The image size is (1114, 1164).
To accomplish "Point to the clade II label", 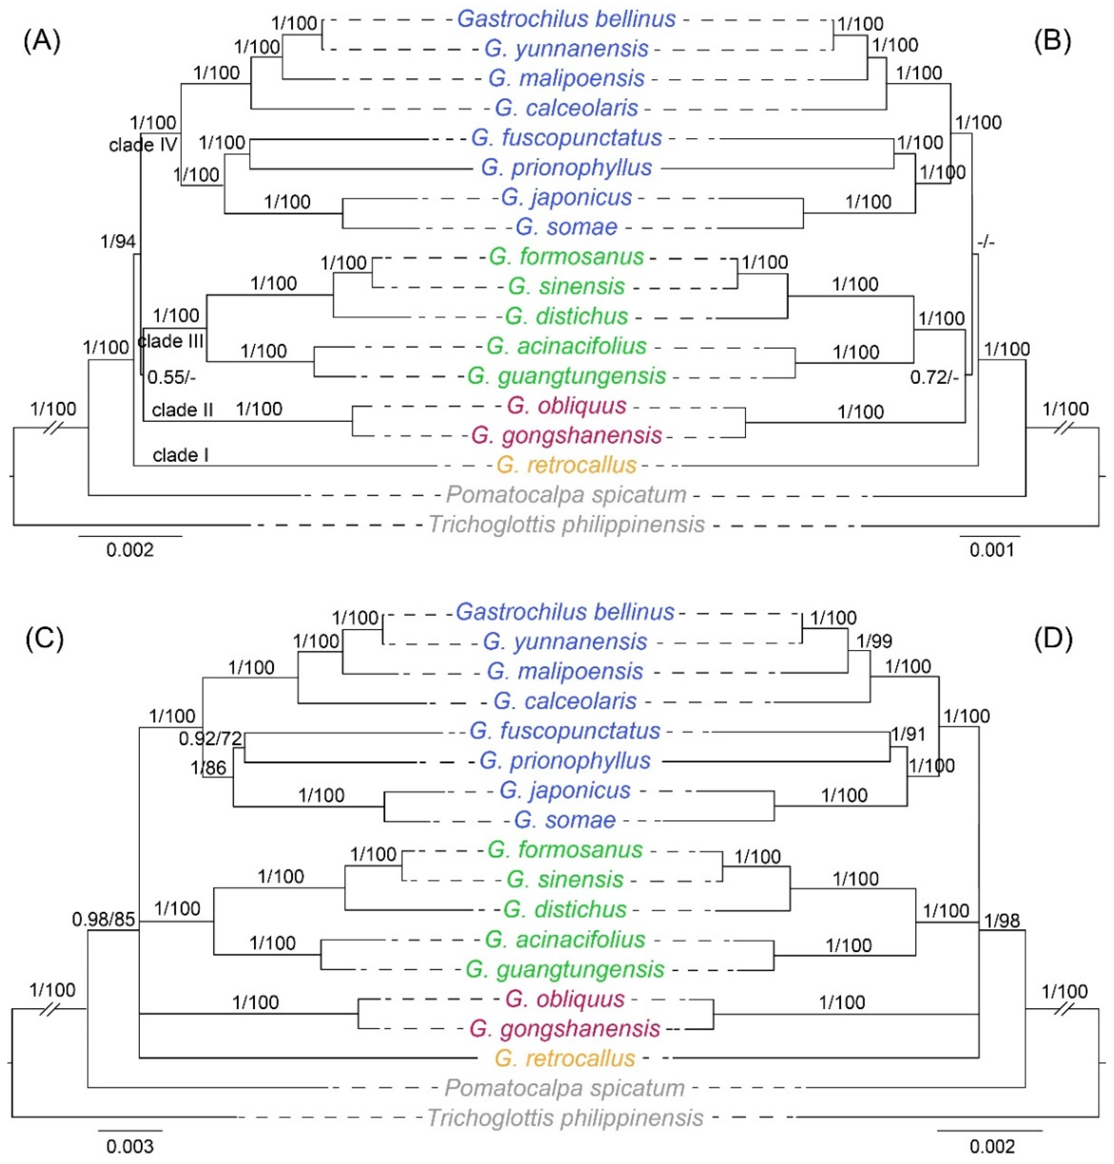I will tap(182, 410).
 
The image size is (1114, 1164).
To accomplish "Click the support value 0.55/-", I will tap(172, 377).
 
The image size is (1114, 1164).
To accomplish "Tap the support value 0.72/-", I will tap(934, 377).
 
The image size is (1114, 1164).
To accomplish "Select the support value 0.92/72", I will tap(211, 739).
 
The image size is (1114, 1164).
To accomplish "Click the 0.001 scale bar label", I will tap(992, 551).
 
